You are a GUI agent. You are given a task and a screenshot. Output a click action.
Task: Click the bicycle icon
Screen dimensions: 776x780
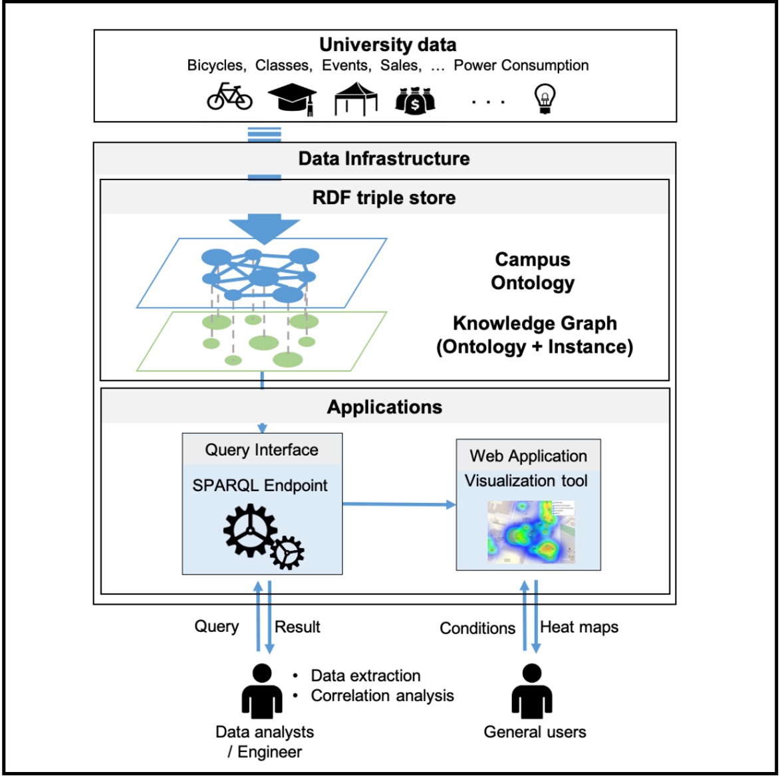[x=229, y=97]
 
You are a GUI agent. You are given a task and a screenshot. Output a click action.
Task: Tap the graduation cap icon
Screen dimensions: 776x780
[x=292, y=98]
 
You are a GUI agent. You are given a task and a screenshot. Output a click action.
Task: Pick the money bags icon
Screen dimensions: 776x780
[x=416, y=100]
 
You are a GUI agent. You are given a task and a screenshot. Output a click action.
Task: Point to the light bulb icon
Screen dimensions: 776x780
[x=545, y=100]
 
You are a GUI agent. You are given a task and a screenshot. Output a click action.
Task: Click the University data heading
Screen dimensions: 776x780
[x=388, y=45]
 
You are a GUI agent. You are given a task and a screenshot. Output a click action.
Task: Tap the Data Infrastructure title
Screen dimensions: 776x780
[x=384, y=159]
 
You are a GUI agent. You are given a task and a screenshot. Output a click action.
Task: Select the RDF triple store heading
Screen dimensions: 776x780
[x=384, y=197]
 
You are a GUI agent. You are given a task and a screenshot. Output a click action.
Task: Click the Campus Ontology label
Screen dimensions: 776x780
[x=533, y=271]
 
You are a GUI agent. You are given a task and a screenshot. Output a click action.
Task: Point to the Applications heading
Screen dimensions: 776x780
[x=384, y=407]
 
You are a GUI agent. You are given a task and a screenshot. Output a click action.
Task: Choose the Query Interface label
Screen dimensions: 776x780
[x=261, y=450]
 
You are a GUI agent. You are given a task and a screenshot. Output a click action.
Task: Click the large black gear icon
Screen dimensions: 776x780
[x=250, y=530]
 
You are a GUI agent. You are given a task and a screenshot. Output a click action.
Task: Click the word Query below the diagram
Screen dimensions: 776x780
[x=216, y=627]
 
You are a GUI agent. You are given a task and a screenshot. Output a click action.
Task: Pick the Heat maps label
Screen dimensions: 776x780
[x=579, y=627]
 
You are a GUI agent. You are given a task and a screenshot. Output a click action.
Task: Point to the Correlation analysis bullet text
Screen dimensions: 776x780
[x=382, y=696]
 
